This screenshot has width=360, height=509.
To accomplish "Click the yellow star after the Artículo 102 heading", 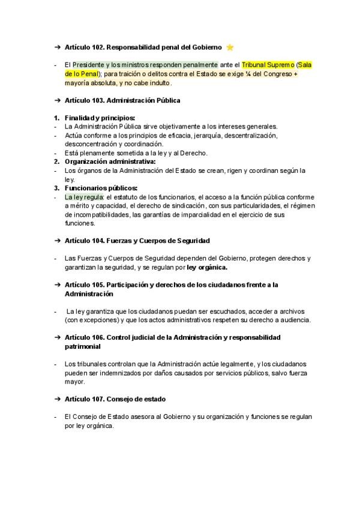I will click(x=230, y=47).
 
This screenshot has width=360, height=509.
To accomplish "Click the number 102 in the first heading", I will click(x=100, y=47).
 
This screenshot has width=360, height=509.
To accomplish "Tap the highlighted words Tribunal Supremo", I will click(x=268, y=64).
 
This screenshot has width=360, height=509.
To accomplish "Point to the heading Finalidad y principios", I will click(x=100, y=118).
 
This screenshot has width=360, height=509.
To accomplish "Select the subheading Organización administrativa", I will click(x=110, y=161).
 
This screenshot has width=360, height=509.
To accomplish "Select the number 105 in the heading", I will click(x=100, y=285).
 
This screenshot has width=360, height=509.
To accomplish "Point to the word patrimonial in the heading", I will click(x=83, y=346).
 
